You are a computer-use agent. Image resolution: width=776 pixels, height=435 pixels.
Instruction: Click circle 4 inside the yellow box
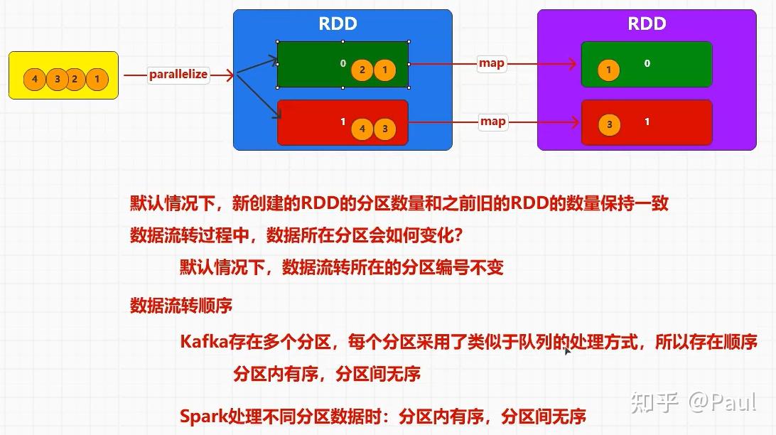point(34,79)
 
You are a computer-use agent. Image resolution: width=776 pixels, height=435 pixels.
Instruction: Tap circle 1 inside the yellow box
point(97,79)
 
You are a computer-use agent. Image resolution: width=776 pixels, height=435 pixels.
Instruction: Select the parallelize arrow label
point(178,75)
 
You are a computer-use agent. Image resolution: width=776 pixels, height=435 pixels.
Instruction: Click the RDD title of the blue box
point(338,24)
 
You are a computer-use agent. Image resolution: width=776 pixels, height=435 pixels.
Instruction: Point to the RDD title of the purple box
point(647,24)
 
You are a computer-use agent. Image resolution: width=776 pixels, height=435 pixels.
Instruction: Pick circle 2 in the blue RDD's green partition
point(362,70)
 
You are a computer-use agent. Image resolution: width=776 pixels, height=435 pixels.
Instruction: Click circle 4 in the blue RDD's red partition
point(362,129)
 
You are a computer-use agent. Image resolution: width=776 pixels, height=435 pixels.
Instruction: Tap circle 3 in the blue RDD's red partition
point(384,129)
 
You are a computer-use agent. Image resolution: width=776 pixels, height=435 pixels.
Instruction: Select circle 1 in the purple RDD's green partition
point(608,70)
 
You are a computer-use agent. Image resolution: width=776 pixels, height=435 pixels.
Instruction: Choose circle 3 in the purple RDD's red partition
point(609,125)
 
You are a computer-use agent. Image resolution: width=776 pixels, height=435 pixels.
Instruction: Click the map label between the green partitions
point(492,63)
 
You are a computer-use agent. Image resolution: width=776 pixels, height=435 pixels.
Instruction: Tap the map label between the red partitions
point(492,122)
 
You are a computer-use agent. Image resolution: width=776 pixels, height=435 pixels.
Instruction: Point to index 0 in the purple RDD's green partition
point(647,63)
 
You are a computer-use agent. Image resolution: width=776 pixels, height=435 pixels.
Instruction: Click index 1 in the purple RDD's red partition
point(647,122)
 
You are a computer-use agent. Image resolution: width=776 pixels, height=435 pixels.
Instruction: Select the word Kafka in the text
point(203,342)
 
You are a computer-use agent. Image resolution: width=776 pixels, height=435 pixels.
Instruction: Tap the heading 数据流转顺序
point(181,306)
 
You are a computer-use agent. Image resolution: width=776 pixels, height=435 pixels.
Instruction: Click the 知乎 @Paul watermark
point(694,402)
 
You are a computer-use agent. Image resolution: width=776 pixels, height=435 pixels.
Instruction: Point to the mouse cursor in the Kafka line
point(567,350)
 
